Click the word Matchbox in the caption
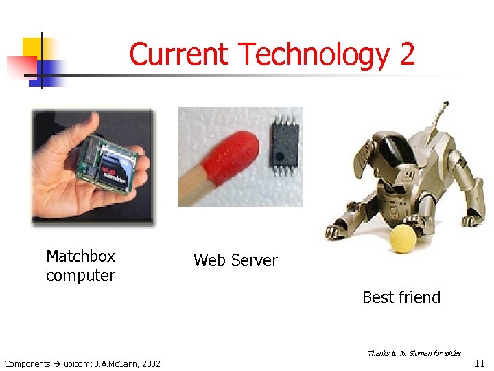(x=80, y=257)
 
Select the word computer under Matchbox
(x=80, y=276)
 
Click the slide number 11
(x=479, y=363)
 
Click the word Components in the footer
(x=27, y=363)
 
